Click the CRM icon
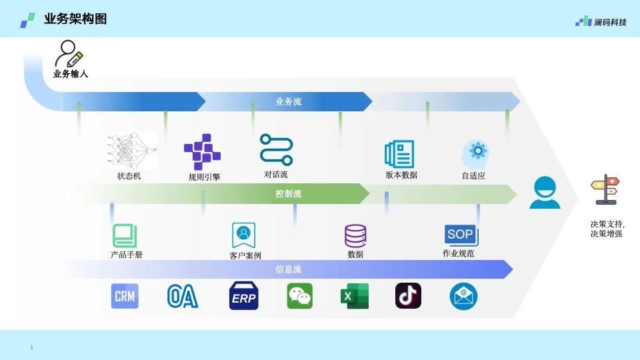pos(125,296)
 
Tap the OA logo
pos(183,296)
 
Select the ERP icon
pos(244,295)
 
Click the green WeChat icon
pos(299,296)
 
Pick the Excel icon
pos(355,296)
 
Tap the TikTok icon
pos(408,295)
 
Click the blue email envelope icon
pos(463,296)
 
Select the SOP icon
pos(461,235)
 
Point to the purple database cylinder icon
pos(355,236)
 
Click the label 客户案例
pos(245,256)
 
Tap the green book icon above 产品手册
pos(125,235)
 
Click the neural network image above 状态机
pos(131,150)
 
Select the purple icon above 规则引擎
pos(202,152)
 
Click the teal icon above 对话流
pos(276,149)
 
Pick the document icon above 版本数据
pos(399,154)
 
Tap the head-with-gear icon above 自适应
pos(475,155)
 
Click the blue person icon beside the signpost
pos(545,193)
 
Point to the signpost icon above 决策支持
pos(605,189)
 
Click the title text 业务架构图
pos(75,19)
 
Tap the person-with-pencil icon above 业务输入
pos(69,53)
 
